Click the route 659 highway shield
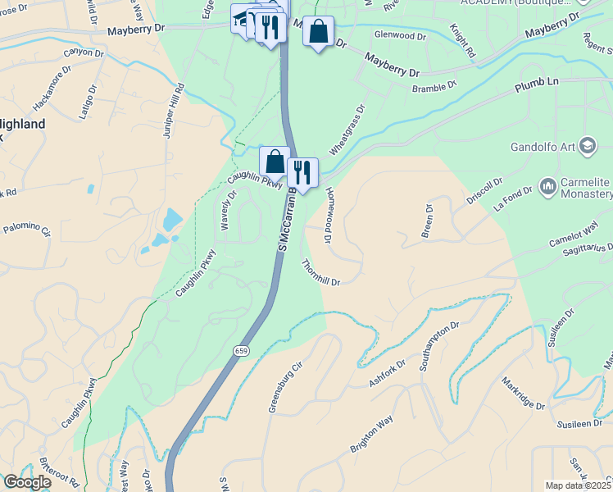click(240, 351)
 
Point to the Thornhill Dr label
click(320, 272)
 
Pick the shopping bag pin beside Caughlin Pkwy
click(275, 161)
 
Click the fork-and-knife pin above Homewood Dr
click(302, 172)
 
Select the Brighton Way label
click(372, 435)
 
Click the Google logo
click(26, 482)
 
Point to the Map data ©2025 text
click(578, 485)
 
